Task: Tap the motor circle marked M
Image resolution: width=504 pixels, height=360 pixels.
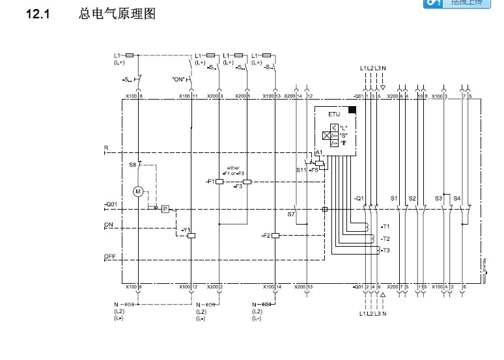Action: coord(137,191)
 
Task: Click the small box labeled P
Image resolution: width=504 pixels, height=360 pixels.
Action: coord(165,209)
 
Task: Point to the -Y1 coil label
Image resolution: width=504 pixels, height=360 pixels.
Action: coord(185,230)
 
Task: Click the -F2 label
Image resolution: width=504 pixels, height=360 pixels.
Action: coord(264,234)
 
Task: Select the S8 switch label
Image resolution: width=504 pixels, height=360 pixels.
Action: coord(132,165)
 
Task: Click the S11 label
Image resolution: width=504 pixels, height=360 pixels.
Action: coord(301,170)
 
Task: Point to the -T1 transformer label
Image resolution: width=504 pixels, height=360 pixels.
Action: coord(385,227)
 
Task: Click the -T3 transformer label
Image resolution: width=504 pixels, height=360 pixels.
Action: coord(385,250)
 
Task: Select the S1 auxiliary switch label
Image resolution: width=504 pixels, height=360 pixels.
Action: coord(394,197)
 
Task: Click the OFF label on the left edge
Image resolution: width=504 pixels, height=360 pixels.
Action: coord(109,256)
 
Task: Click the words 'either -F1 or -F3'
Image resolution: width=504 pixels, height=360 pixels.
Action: coord(232,171)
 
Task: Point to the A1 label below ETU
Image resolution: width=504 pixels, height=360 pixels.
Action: coord(318,152)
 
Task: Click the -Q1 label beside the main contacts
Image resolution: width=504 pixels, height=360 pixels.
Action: coord(359,197)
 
